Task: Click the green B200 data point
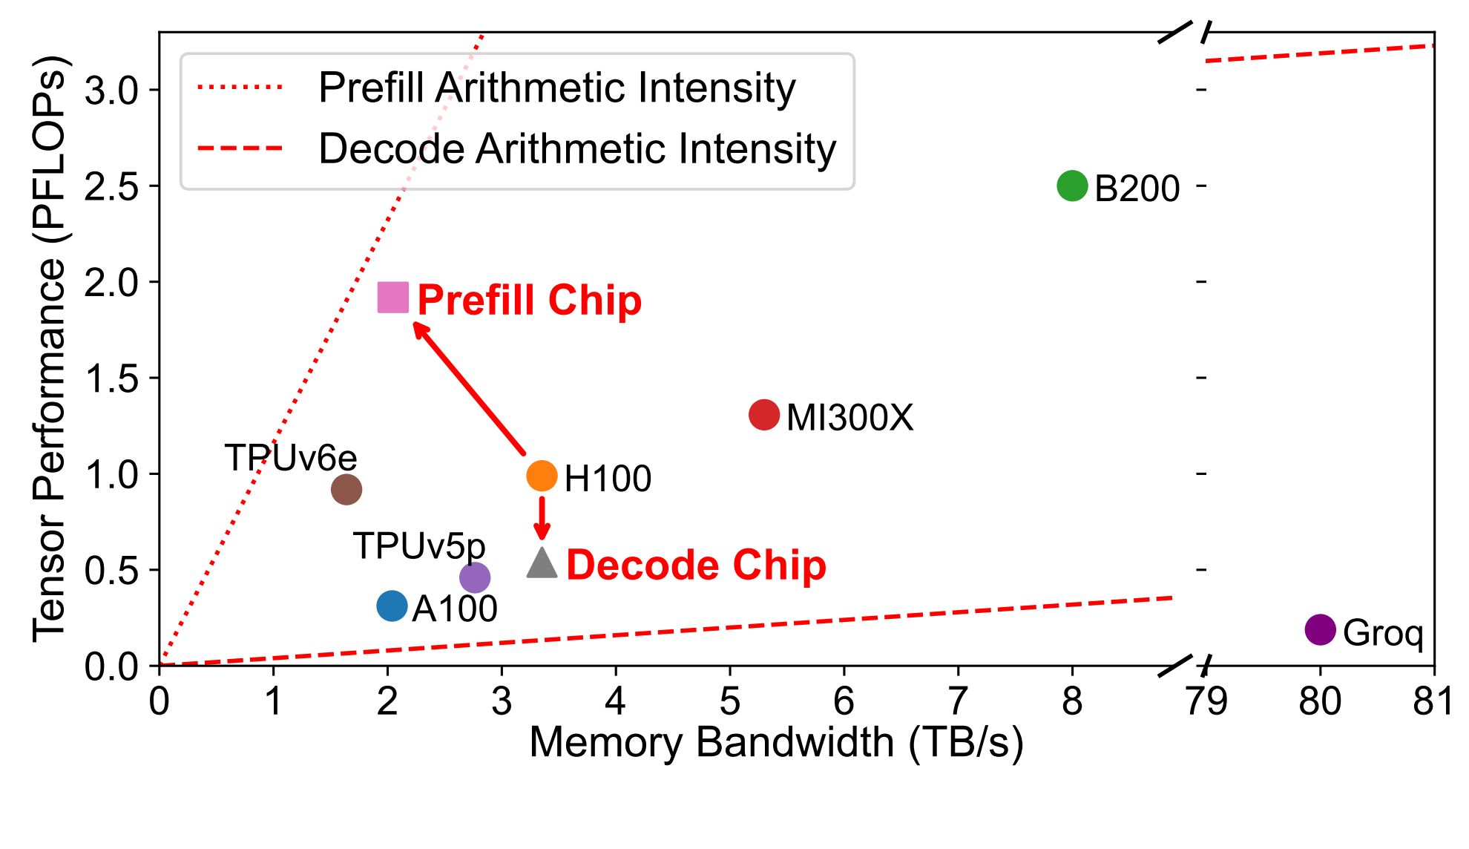tap(1072, 186)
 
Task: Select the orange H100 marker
tap(542, 476)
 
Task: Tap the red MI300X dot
tap(764, 415)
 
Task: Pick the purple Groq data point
tap(1320, 630)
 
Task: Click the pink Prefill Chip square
tap(393, 298)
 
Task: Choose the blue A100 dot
tap(392, 606)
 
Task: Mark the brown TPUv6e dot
tap(346, 489)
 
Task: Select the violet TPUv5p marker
tap(475, 577)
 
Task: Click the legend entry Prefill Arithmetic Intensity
tap(556, 88)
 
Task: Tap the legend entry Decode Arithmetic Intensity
tap(576, 148)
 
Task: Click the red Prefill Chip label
tap(529, 300)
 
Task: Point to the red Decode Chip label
tap(696, 566)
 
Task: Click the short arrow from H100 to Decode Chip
tap(542, 517)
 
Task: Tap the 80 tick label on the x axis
tap(1320, 701)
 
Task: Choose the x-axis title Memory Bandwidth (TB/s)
tap(776, 742)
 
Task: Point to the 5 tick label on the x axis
tap(730, 701)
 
